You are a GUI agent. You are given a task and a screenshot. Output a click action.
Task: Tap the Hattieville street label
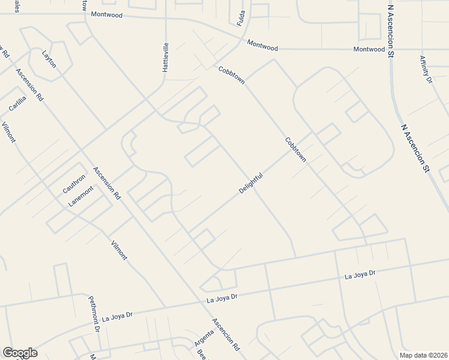click(166, 58)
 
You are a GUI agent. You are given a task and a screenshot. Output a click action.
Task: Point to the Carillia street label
click(17, 104)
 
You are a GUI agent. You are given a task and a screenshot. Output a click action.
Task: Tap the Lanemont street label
click(80, 196)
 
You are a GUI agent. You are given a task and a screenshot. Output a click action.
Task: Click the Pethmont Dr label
click(94, 314)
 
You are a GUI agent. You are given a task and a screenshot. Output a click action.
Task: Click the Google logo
click(20, 353)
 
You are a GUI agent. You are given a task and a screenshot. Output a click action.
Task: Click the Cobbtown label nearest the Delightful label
click(296, 150)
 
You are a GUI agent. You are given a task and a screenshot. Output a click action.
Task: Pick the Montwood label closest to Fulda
click(262, 46)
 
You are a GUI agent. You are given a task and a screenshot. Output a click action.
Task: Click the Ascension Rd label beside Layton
click(29, 85)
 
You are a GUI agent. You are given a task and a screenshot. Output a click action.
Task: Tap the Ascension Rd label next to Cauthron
click(107, 182)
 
